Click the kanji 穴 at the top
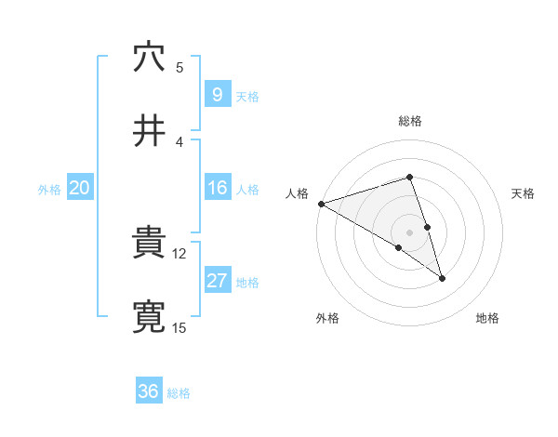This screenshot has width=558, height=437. [149, 58]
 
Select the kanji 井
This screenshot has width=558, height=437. [149, 131]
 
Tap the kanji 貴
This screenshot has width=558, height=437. [149, 245]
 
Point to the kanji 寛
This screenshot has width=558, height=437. [149, 317]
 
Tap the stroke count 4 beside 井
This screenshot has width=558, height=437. [179, 141]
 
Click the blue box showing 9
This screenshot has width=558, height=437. [217, 95]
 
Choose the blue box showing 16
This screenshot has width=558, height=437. [217, 188]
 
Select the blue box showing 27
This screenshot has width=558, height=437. [217, 281]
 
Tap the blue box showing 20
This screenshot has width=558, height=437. [79, 188]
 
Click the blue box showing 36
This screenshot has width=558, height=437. [148, 392]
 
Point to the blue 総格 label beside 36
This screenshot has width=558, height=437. [179, 393]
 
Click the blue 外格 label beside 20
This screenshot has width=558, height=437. [49, 189]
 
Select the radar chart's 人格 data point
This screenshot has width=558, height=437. [320, 204]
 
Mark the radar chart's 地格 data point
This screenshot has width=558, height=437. [442, 278]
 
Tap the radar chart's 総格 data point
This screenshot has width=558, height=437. [409, 177]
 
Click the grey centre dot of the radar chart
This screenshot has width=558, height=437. [409, 232]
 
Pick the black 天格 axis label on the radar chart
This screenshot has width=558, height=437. [524, 193]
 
